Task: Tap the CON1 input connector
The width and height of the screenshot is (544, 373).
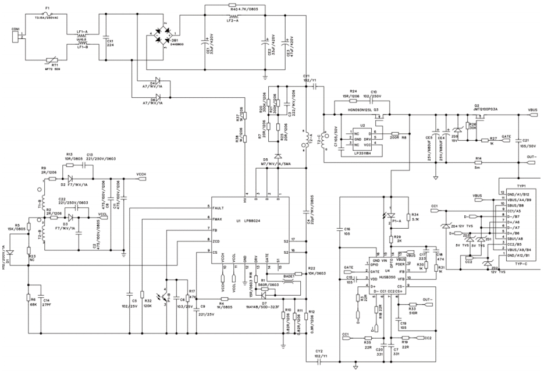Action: (x=16, y=37)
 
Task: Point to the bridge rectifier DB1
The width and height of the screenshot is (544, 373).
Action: (x=159, y=34)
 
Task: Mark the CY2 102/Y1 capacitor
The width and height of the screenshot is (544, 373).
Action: (x=319, y=361)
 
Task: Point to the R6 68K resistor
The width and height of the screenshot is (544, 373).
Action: (x=28, y=300)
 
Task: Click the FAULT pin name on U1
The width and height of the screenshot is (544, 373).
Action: (x=219, y=208)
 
